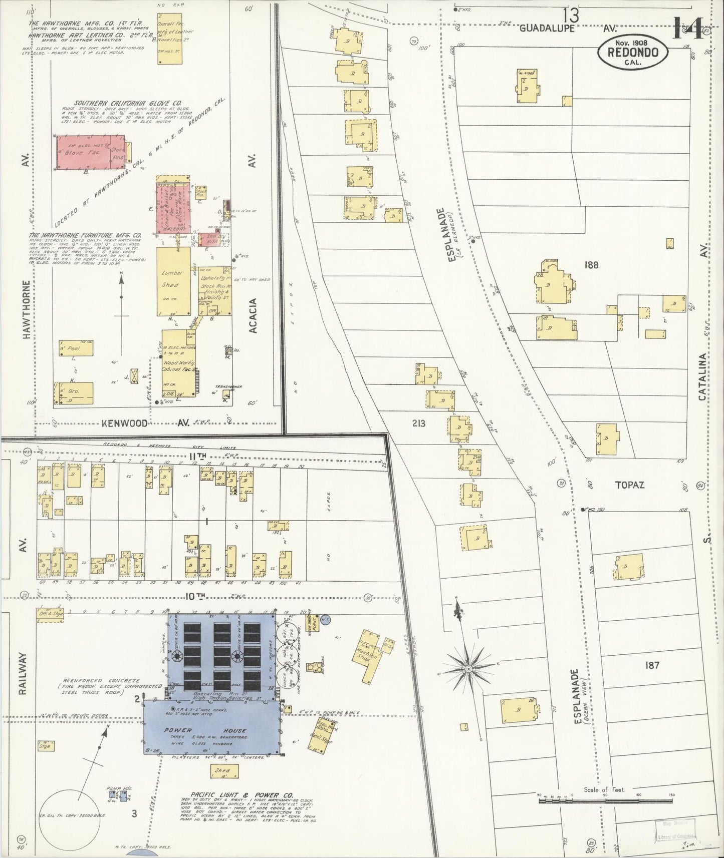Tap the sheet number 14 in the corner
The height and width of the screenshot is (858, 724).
[691, 28]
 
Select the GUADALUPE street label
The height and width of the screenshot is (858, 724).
[547, 29]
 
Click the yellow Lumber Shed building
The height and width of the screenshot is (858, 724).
[173, 280]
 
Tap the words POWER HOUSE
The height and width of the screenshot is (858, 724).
[205, 730]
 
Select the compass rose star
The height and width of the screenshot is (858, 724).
[468, 668]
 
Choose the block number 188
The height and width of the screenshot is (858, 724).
[591, 265]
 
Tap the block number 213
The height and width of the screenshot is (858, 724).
[418, 423]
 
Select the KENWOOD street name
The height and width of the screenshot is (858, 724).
[125, 423]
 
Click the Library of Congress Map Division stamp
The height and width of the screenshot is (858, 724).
[676, 829]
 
